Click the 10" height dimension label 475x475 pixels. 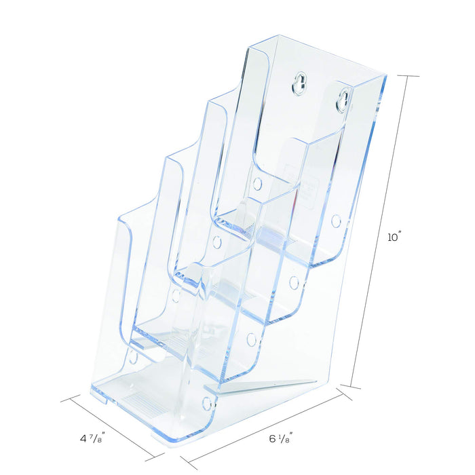[395, 237]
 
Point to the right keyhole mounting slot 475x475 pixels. [344, 100]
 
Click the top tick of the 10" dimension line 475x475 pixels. [408, 75]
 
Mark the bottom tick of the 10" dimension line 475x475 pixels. [351, 387]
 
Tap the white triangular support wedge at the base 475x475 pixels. [268, 386]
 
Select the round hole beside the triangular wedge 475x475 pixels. [207, 403]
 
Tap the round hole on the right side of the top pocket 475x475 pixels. [336, 221]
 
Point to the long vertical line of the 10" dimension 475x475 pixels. [380, 231]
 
